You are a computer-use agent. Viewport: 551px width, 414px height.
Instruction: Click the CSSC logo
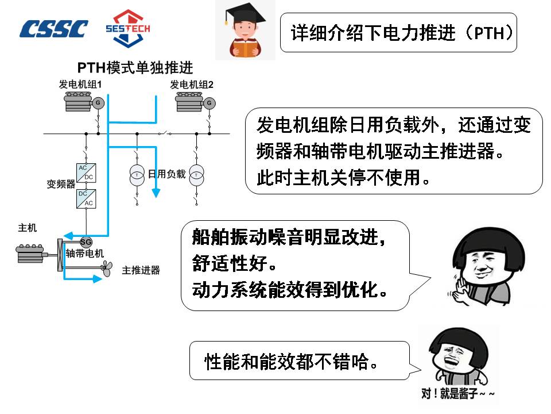pos(54,28)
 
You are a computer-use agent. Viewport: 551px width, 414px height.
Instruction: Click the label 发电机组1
pos(80,85)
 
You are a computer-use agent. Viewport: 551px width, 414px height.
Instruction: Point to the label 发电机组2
pos(191,85)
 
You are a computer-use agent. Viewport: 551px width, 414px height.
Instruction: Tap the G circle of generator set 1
pos(98,103)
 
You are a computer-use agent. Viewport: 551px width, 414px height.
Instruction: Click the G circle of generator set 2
pos(209,103)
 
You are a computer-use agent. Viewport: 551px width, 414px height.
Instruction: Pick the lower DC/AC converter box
pos(86,198)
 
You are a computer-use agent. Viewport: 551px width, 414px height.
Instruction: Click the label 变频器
pos(61,185)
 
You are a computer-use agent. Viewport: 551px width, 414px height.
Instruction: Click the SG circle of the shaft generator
pos(86,241)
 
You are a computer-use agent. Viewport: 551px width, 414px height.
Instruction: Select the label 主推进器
pos(141,270)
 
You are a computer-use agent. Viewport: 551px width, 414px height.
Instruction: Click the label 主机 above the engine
pos(28,228)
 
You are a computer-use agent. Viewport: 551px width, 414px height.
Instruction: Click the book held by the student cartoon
pos(246,50)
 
